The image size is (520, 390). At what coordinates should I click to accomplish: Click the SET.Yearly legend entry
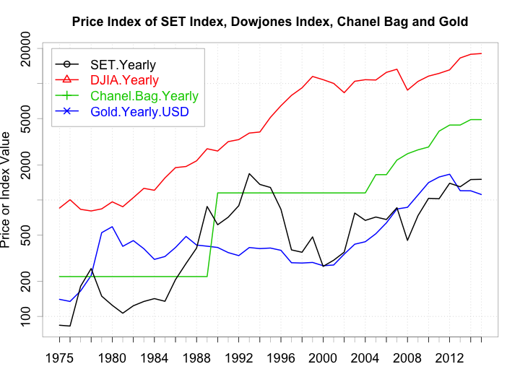click(123, 64)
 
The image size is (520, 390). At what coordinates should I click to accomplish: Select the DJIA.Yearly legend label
click(124, 80)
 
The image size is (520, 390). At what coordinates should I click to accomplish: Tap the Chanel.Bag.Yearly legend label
click(144, 96)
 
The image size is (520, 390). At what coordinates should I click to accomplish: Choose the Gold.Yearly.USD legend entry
click(139, 112)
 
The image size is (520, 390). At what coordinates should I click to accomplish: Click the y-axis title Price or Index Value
click(7, 189)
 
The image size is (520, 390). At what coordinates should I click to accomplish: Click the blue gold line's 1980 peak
click(112, 227)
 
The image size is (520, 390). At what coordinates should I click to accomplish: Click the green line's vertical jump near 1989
click(213, 235)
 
